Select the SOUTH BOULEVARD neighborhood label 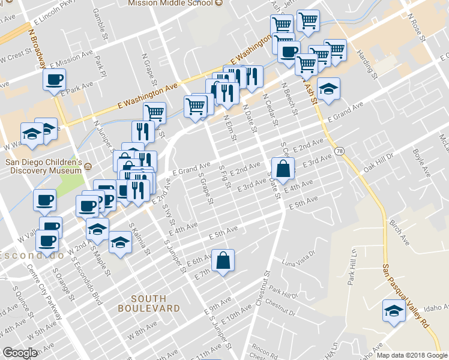(148, 303)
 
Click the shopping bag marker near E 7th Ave (223, 260)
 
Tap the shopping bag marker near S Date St (283, 168)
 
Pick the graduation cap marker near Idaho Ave (394, 311)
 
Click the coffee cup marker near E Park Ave (54, 79)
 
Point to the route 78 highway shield (340, 150)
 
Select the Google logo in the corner (20, 353)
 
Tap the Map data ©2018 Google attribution (411, 355)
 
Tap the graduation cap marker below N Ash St (328, 88)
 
